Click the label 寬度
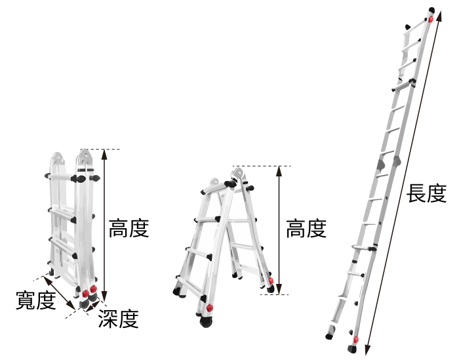tap(35, 300)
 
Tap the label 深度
tap(118, 319)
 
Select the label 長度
tap(426, 193)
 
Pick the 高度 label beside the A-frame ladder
tap(306, 228)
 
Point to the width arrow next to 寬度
tap(59, 292)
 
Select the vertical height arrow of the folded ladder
tap(104, 225)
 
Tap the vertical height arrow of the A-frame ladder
tap(279, 230)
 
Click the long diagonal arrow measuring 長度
tap(403, 183)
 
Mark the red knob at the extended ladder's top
tap(431, 19)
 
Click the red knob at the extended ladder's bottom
tap(356, 340)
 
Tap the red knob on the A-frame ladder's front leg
tap(210, 308)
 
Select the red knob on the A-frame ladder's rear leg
tap(271, 281)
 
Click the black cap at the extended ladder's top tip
tap(431, 10)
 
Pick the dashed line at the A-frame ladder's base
tap(274, 294)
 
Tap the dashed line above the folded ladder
tap(100, 150)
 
